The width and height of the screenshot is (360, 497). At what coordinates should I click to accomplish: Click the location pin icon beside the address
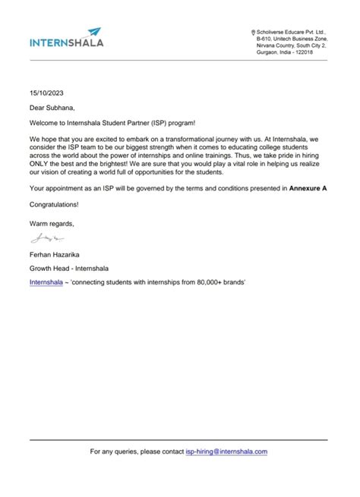(253, 31)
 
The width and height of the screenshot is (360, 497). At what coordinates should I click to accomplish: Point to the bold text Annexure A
(308, 187)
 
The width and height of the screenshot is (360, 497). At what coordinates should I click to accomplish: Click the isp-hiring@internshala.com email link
(226, 451)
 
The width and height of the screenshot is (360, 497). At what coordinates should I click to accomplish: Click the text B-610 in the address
(267, 38)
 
